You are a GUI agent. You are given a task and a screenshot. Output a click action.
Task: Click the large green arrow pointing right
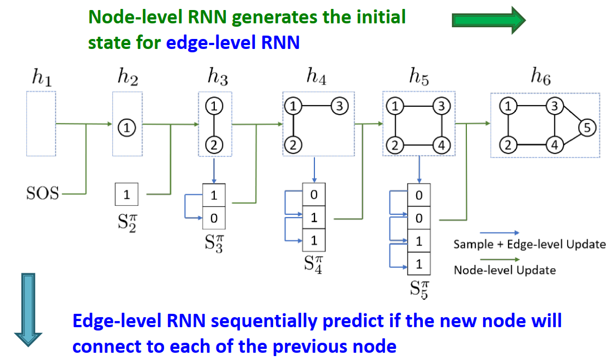[x=488, y=20]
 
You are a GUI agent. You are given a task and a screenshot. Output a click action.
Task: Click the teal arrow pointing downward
[x=27, y=309]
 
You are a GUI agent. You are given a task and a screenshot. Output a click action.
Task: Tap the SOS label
[x=42, y=195]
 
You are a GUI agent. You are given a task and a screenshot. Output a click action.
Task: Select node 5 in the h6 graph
[x=587, y=128]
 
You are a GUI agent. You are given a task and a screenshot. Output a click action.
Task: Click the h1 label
[x=41, y=78]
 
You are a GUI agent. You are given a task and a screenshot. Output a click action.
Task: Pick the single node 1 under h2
[x=127, y=128]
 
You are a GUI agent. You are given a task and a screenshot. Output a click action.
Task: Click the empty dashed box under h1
[x=41, y=124]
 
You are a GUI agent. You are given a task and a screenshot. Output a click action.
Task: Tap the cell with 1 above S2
[x=127, y=195]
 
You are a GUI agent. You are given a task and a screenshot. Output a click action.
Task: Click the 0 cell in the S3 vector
[x=214, y=218]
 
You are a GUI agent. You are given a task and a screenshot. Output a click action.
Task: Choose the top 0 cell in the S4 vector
[x=314, y=195]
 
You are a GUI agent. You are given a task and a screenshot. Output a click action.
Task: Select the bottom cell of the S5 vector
[x=419, y=264]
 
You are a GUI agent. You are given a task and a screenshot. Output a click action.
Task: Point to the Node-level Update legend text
[x=504, y=270]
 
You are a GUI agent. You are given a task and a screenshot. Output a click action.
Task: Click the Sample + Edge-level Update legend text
[x=529, y=244]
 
